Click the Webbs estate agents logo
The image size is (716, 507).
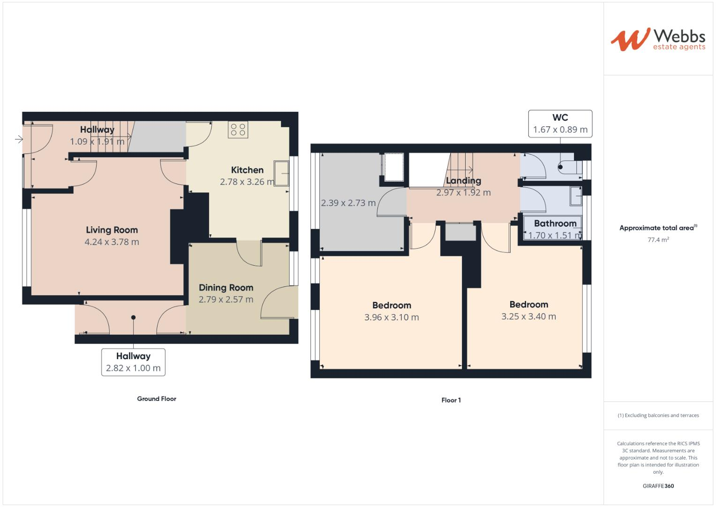(657, 39)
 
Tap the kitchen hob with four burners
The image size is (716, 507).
(238, 130)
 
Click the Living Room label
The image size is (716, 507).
(112, 230)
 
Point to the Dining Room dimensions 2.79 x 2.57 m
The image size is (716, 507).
(226, 300)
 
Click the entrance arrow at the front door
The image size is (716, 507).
(19, 139)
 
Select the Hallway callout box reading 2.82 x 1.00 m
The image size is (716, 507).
(133, 362)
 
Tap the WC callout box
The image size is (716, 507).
(560, 123)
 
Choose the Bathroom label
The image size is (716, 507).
(555, 223)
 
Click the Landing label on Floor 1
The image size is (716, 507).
(463, 181)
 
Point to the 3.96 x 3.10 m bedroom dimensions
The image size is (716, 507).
(392, 317)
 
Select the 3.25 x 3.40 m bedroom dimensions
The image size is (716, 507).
(528, 316)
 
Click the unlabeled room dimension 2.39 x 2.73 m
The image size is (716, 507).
(348, 203)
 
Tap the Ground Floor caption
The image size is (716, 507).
(157, 399)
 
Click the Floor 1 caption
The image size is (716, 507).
(451, 400)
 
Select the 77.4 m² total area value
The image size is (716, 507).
(658, 239)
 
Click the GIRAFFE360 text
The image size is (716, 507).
(658, 486)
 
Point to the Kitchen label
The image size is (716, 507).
(247, 170)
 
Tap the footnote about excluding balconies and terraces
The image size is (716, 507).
(658, 415)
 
